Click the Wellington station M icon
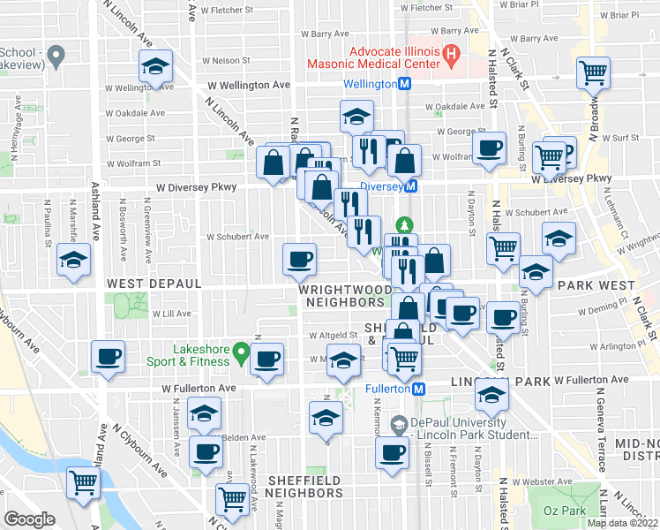(x=405, y=84)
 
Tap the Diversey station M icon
(x=411, y=186)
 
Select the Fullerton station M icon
(x=420, y=389)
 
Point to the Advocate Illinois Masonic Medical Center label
(x=371, y=58)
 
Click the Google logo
(x=30, y=519)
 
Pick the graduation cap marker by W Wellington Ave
(x=155, y=66)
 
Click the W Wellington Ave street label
(x=249, y=85)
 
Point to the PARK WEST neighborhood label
(x=597, y=285)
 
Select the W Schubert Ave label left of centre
(x=237, y=237)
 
